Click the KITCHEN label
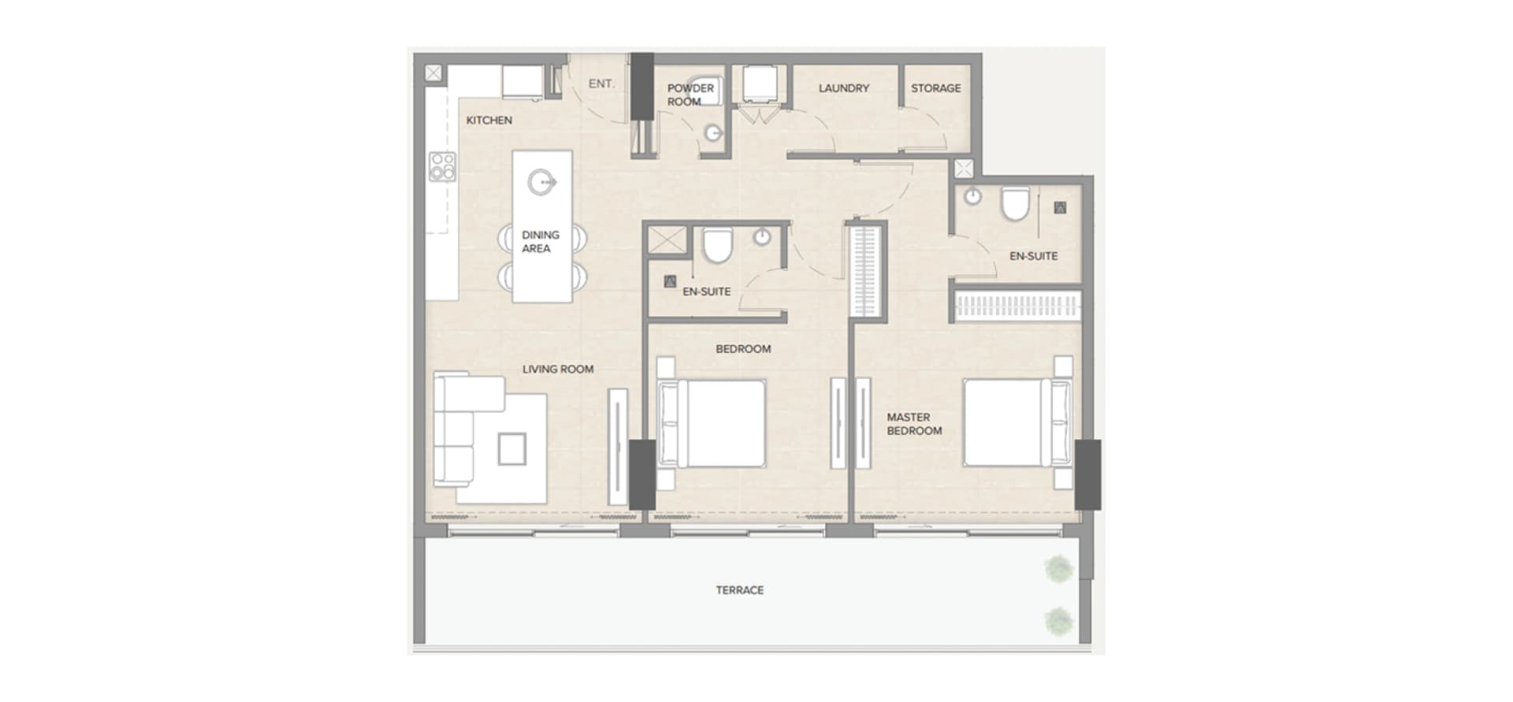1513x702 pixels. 489,121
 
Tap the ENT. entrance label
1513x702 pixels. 601,84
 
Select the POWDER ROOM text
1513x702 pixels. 690,95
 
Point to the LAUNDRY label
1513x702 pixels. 843,88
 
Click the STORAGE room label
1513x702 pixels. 935,88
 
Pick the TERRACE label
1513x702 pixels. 739,590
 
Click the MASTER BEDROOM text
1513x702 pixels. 913,424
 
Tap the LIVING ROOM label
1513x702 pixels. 557,369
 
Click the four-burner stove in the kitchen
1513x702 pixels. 442,167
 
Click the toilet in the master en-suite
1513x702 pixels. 1015,204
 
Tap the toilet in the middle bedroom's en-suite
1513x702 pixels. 717,245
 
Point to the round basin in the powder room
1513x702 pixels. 714,134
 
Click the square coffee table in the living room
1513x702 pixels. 511,449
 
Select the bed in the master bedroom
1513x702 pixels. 1017,422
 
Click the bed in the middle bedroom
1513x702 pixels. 712,423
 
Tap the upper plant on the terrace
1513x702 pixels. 1058,568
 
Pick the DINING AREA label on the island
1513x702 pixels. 540,242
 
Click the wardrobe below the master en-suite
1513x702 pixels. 1017,306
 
